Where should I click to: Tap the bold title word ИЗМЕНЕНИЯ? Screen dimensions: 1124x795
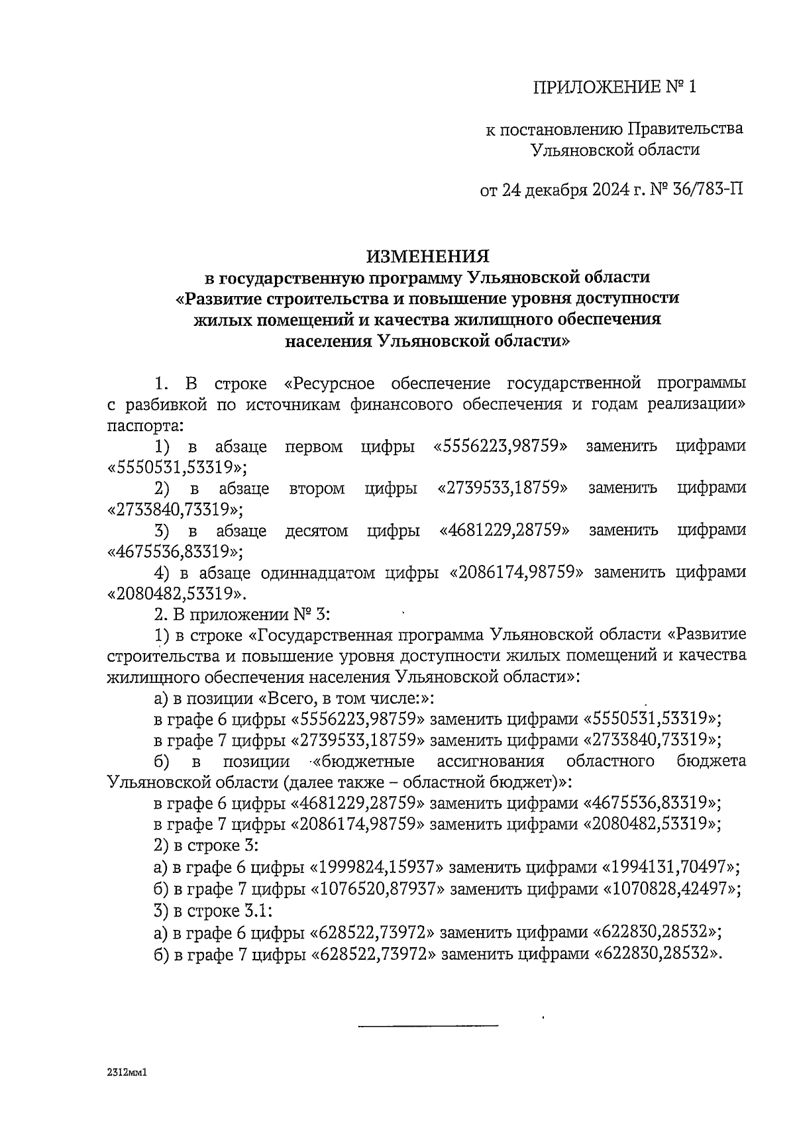click(427, 256)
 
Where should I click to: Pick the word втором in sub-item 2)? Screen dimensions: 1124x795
click(317, 489)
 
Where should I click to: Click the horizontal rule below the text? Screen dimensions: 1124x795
click(427, 1026)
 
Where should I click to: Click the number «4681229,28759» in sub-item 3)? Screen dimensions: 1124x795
click(505, 531)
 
